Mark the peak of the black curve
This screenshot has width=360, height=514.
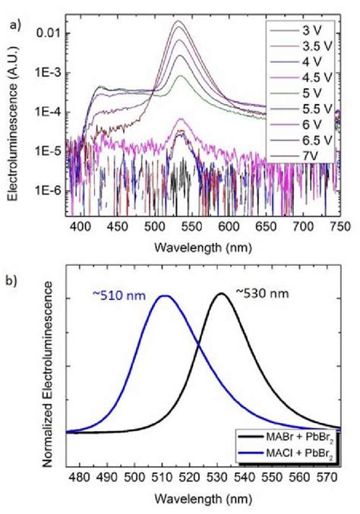(221, 293)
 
